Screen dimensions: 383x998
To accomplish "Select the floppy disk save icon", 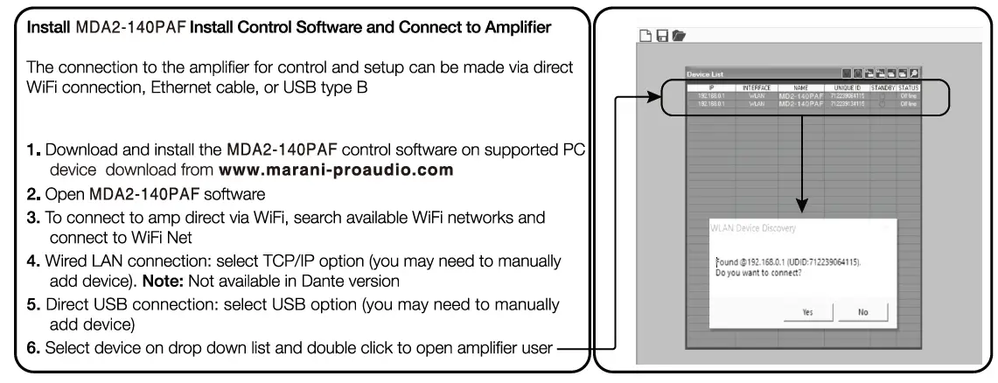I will pos(662,36).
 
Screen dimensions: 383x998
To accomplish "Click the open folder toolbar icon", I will pos(679,36).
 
